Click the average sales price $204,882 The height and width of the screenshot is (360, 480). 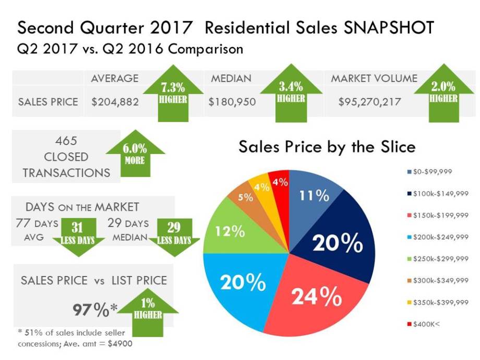pyautogui.click(x=115, y=102)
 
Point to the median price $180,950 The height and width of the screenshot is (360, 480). pyautogui.click(x=232, y=102)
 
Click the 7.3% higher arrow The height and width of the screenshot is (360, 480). pyautogui.click(x=172, y=94)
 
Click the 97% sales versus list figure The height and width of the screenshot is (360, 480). pyautogui.click(x=91, y=309)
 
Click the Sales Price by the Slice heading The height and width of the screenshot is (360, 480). pyautogui.click(x=327, y=147)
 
